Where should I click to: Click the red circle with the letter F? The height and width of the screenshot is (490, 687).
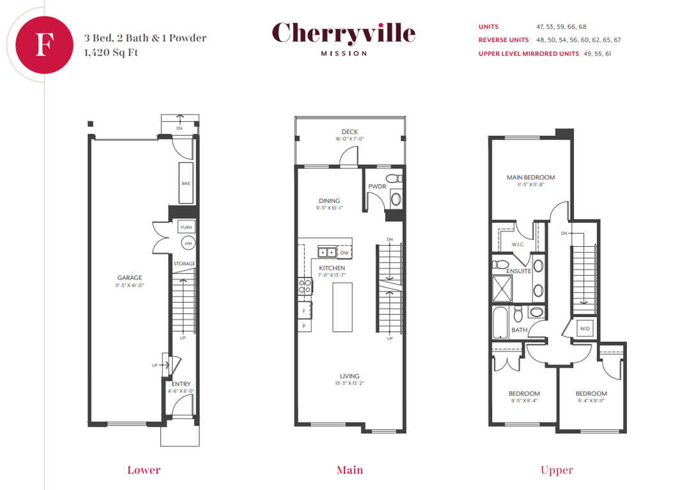pos(44,45)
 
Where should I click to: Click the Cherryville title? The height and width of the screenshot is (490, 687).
pos(344,33)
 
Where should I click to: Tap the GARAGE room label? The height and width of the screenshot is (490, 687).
pos(130,278)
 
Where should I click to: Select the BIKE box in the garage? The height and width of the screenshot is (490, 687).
pos(186,183)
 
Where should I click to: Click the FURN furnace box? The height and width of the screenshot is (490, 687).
pos(186,227)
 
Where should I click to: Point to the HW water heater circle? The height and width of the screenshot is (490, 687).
pos(188,243)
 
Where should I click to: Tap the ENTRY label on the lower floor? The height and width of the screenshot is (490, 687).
pos(181,383)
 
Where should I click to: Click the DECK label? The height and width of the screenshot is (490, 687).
pos(350,131)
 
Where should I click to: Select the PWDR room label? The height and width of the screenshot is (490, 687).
pos(377,186)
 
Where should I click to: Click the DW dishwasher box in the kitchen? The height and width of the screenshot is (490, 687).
pos(344,253)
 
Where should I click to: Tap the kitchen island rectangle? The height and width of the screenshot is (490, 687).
pos(343,307)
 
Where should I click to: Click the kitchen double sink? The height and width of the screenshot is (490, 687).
pos(327,253)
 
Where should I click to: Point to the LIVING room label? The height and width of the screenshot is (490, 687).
pos(350,376)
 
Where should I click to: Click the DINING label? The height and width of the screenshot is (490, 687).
pos(330,201)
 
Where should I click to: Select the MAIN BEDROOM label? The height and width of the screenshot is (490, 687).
pos(530,177)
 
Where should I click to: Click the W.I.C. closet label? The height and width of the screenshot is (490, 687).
pos(518,244)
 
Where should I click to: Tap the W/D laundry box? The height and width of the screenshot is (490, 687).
pos(585,329)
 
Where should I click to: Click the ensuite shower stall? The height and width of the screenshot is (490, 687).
pos(502,289)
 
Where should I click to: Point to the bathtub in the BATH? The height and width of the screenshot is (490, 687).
pos(500,322)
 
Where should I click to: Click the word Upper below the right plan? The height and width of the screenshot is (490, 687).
pos(557,470)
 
